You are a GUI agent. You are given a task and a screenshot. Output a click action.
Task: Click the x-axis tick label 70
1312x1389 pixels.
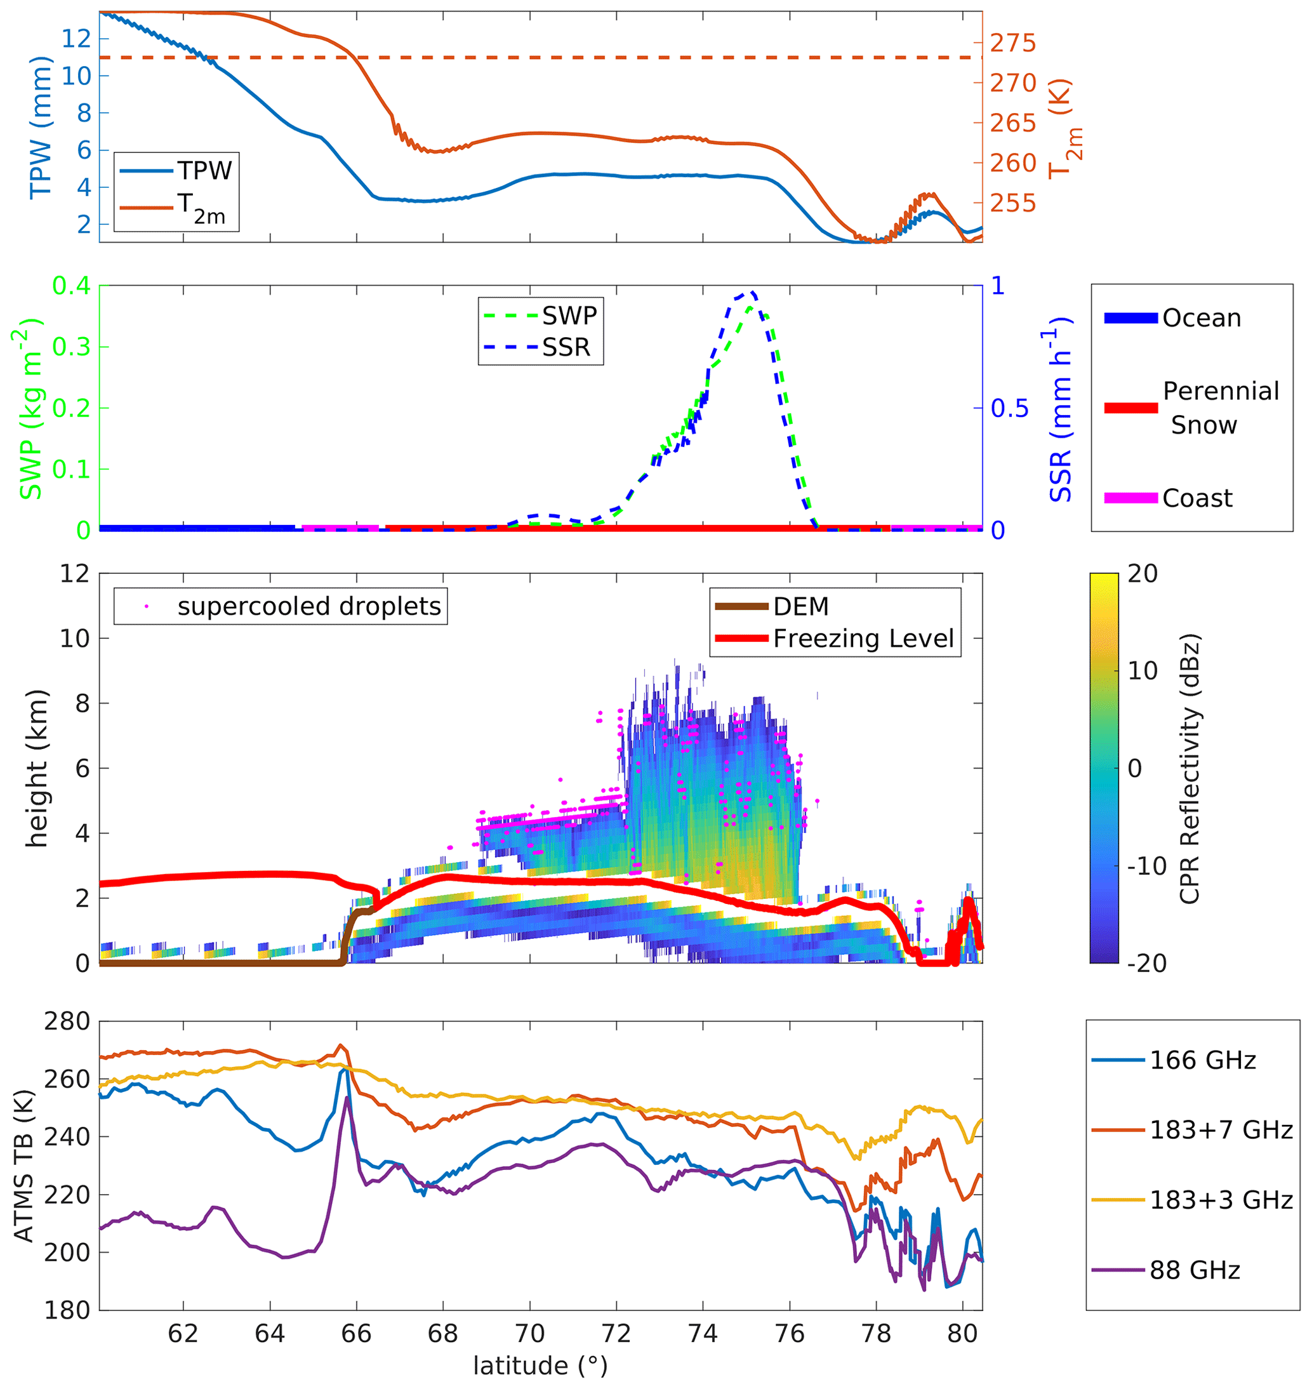click(x=529, y=1334)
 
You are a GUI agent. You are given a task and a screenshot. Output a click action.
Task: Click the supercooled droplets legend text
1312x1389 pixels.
click(x=309, y=606)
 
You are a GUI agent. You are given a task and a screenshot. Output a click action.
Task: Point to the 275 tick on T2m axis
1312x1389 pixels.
click(x=1012, y=43)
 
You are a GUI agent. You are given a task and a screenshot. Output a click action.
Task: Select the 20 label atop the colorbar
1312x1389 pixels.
click(x=1143, y=575)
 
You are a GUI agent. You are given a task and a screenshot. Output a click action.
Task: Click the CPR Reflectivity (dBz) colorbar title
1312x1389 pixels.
click(x=1189, y=768)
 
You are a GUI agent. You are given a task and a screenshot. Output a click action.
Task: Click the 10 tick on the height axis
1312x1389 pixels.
click(x=74, y=639)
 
